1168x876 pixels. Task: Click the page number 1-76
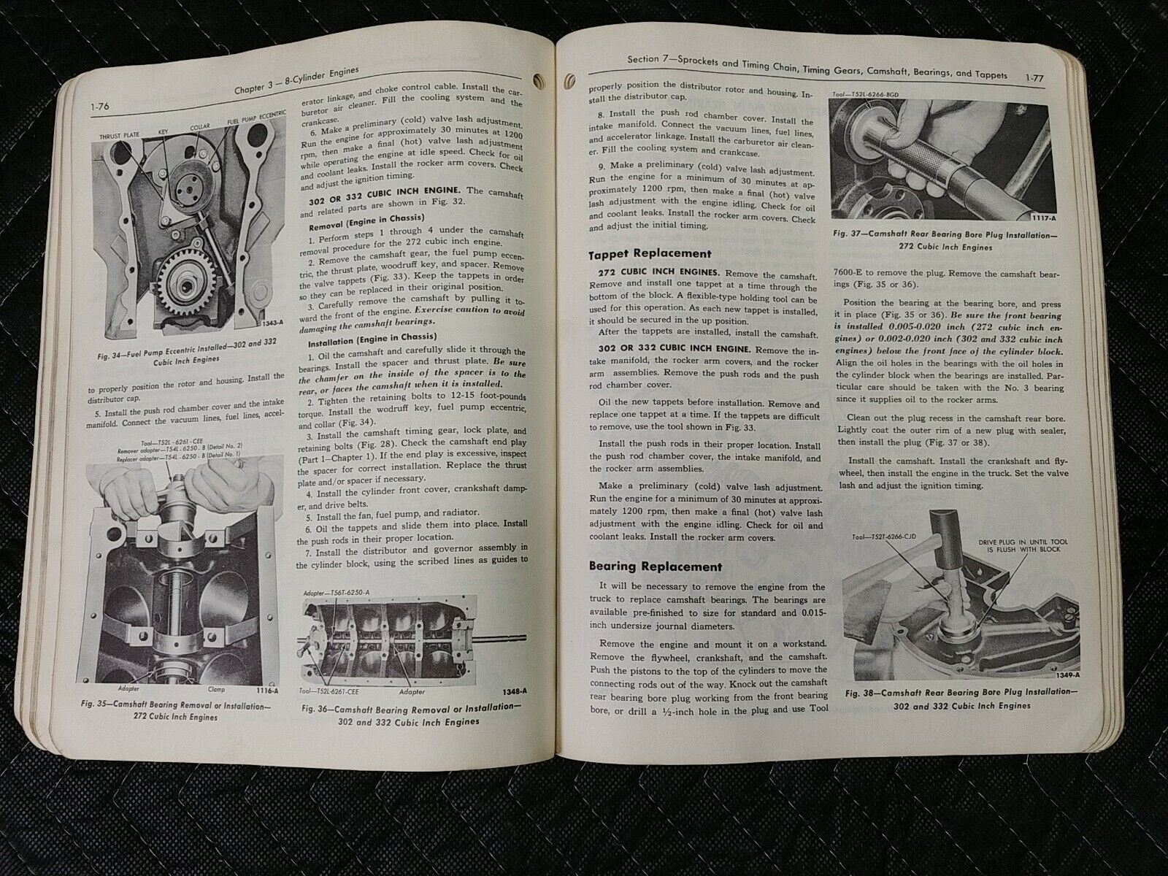click(x=100, y=107)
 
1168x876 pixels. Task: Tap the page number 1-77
click(x=1034, y=77)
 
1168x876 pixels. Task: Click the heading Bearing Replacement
click(x=656, y=566)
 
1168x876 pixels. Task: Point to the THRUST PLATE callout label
click(x=119, y=137)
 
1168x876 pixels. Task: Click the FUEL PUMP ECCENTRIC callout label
click(x=256, y=118)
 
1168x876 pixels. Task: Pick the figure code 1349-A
click(x=1067, y=675)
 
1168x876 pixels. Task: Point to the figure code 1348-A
click(x=514, y=691)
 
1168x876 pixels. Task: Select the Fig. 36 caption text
click(x=411, y=715)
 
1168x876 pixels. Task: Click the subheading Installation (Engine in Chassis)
click(x=372, y=338)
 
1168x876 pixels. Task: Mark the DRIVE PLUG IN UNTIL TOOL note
click(x=1023, y=546)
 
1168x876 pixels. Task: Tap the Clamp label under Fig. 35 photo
click(x=217, y=690)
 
